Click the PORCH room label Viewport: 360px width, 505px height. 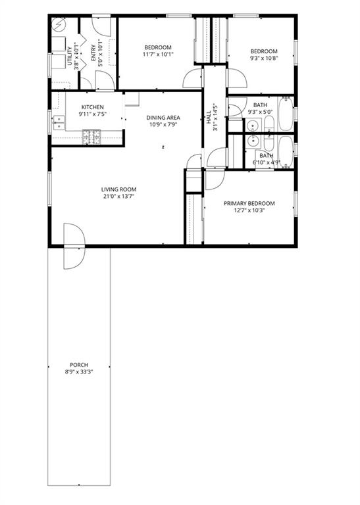(x=79, y=365)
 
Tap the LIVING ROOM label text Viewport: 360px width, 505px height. (x=118, y=189)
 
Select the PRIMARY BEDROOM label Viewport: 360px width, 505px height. (x=249, y=204)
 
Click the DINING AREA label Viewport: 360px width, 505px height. (x=163, y=118)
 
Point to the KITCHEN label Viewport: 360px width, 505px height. (x=93, y=107)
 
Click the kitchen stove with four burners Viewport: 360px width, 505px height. (x=91, y=137)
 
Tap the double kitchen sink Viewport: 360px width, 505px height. (x=59, y=122)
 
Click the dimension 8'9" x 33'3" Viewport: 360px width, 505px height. (x=79, y=372)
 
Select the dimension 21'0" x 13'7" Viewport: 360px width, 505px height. (x=118, y=197)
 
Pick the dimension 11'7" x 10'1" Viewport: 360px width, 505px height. (x=158, y=55)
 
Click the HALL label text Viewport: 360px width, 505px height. (x=209, y=117)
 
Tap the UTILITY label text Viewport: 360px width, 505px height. (x=70, y=57)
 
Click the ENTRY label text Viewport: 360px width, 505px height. (x=93, y=53)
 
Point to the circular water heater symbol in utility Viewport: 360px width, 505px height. (x=59, y=24)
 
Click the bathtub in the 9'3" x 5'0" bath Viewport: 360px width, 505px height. (x=285, y=113)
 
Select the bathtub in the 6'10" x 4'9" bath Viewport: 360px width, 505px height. (x=285, y=152)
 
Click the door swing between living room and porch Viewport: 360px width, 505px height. (x=74, y=246)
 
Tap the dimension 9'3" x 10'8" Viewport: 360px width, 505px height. (x=264, y=59)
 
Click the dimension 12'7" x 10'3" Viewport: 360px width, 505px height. (x=249, y=210)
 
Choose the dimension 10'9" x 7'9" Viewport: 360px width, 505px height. (x=163, y=125)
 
